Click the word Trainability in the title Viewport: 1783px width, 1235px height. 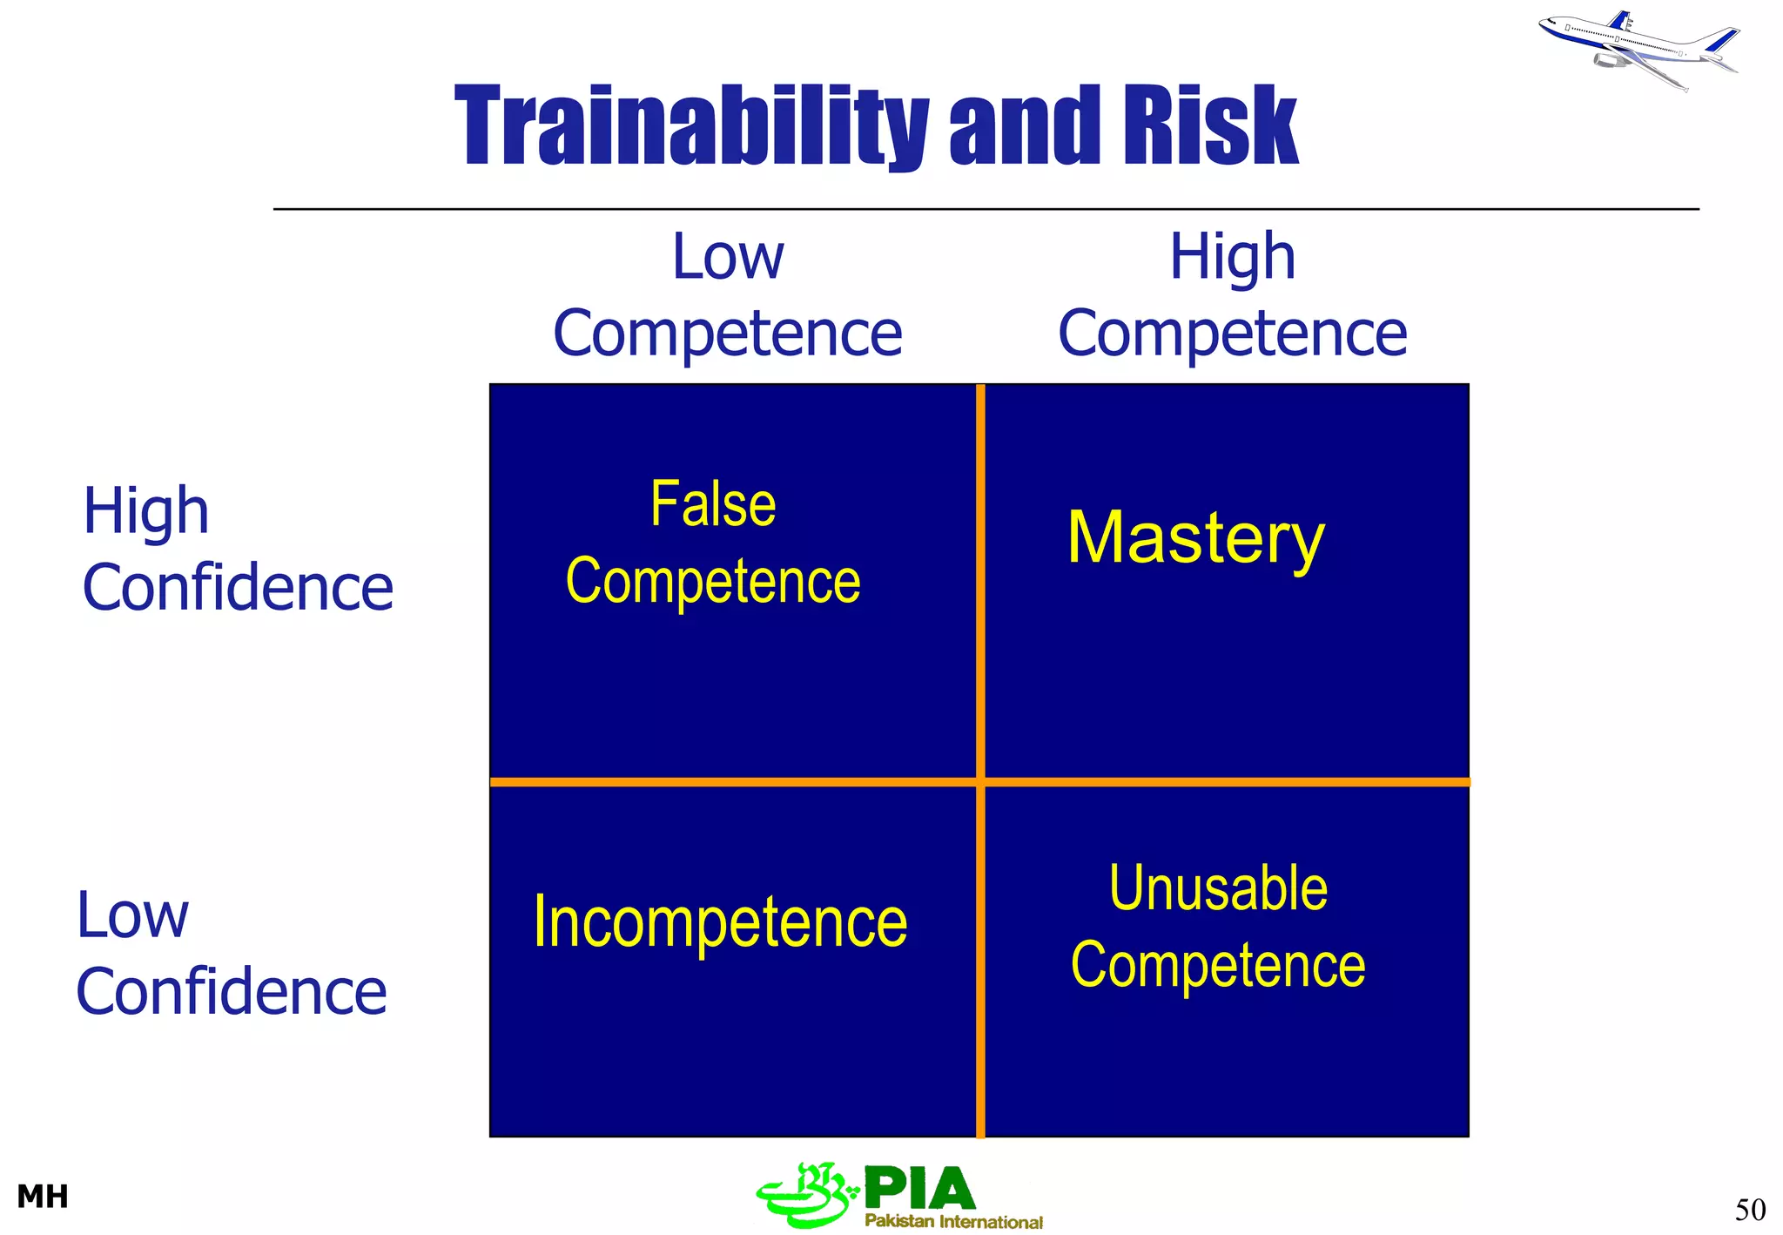692,126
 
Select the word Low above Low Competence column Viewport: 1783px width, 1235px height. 728,257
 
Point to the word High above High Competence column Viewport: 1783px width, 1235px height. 1232,257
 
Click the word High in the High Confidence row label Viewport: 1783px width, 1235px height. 146,511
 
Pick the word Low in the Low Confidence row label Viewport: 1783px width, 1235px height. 132,915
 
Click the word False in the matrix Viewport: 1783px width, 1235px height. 713,504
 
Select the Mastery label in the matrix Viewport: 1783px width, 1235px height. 1195,539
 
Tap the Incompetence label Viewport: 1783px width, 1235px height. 720,922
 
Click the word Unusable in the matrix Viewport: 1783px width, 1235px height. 1218,889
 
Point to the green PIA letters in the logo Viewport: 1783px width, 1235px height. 919,1189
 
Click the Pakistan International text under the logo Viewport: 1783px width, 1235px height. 953,1222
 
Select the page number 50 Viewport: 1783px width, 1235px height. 1750,1210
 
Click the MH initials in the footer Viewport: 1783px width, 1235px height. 43,1197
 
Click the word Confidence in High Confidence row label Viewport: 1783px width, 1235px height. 238,588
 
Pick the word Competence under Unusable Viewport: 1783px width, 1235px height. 1218,966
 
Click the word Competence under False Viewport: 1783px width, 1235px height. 713,581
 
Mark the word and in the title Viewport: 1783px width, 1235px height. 1026,126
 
